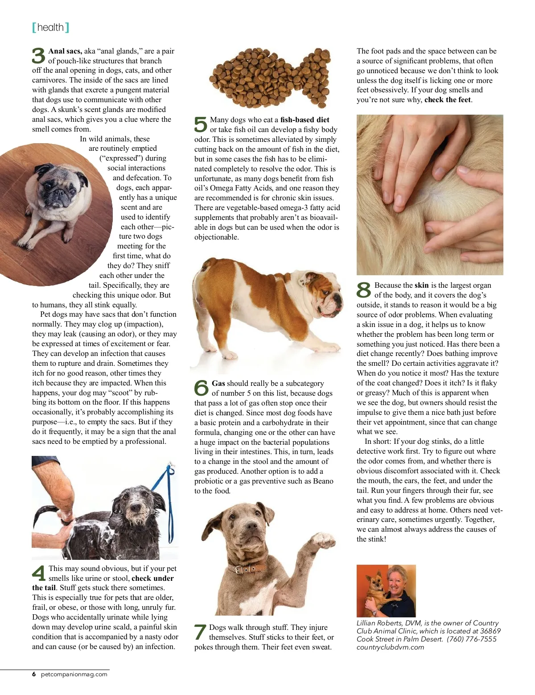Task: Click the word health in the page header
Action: click(x=50, y=28)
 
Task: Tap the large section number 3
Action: click(x=39, y=56)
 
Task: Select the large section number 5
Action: click(x=201, y=124)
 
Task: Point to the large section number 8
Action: click(x=364, y=290)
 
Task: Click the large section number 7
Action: click(x=200, y=632)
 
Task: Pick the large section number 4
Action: click(x=39, y=573)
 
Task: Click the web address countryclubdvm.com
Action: click(x=390, y=647)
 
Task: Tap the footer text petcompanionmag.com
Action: click(x=74, y=674)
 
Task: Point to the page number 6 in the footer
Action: click(x=34, y=674)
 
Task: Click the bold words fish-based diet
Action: click(x=305, y=120)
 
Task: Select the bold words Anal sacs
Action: click(x=65, y=51)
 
